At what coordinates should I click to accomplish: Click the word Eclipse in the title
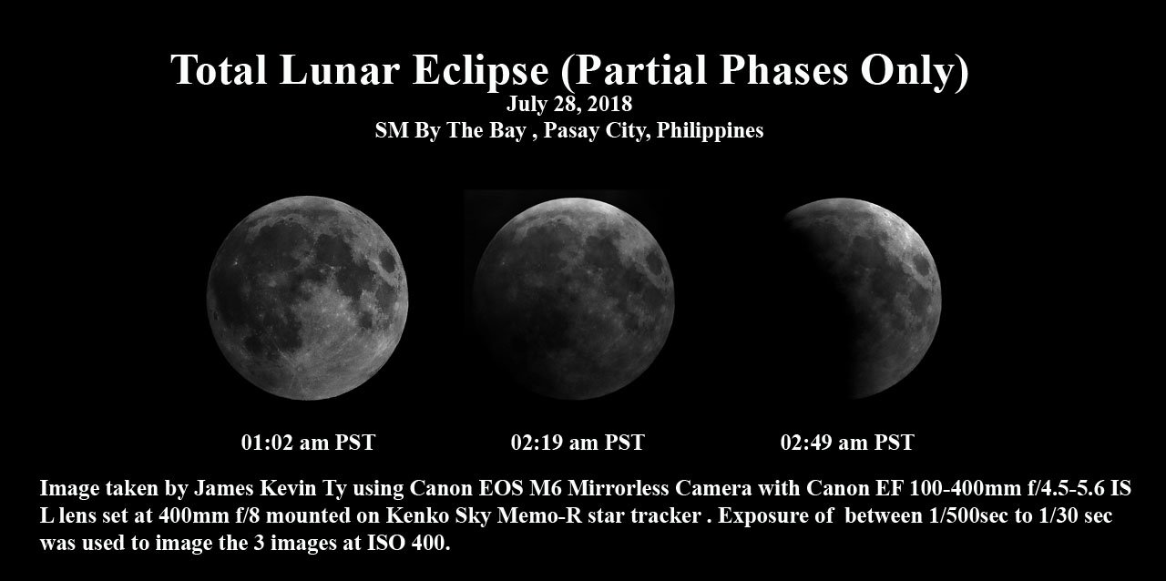coord(480,70)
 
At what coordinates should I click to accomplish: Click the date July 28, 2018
coord(569,104)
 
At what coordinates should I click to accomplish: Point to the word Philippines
coord(710,130)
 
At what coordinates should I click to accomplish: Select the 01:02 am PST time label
coord(308,443)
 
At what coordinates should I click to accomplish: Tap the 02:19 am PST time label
coord(578,443)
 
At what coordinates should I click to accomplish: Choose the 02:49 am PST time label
coord(847,443)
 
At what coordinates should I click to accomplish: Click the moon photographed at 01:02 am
coord(307,298)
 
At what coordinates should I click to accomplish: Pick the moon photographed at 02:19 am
coord(574,299)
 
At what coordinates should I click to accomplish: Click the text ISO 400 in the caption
coord(406,543)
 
